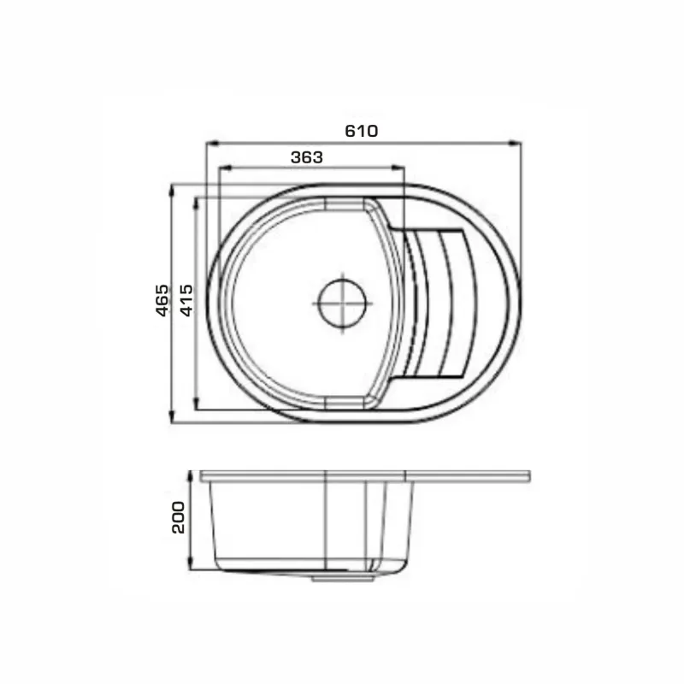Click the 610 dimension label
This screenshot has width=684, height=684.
361,131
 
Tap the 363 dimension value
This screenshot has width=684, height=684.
307,157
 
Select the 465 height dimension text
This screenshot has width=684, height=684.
162,300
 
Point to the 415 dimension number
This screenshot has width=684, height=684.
186,300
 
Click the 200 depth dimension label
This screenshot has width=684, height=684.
179,517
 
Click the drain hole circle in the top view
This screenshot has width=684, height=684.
343,304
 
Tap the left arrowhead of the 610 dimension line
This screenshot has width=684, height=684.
212,142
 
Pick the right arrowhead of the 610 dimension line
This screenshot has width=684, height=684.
516,142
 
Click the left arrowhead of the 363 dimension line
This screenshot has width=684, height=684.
225,167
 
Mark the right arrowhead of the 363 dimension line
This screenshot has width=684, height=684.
398,167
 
